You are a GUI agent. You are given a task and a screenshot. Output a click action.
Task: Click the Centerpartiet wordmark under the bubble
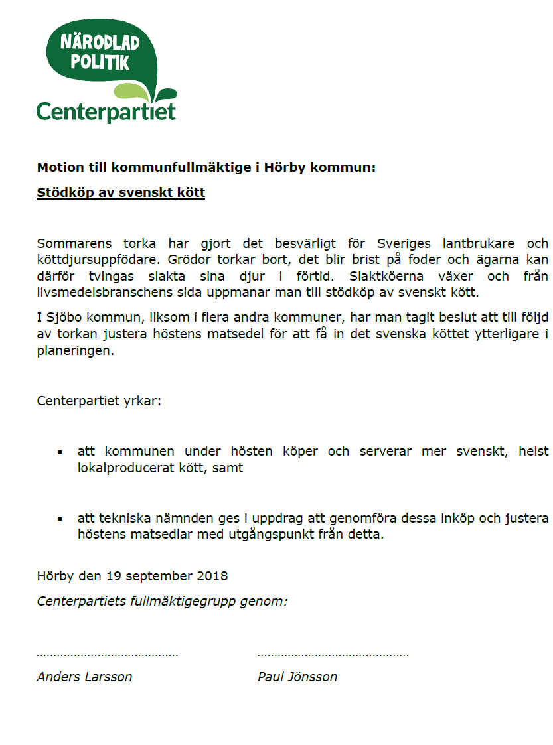click(x=106, y=111)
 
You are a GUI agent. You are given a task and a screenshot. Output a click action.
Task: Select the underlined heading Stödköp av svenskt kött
click(x=121, y=193)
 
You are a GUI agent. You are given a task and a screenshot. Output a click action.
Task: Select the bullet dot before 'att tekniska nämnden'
click(x=60, y=519)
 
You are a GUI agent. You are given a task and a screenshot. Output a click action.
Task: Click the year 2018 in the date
click(x=211, y=576)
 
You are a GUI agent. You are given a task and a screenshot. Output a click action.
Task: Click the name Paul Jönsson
click(x=297, y=677)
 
